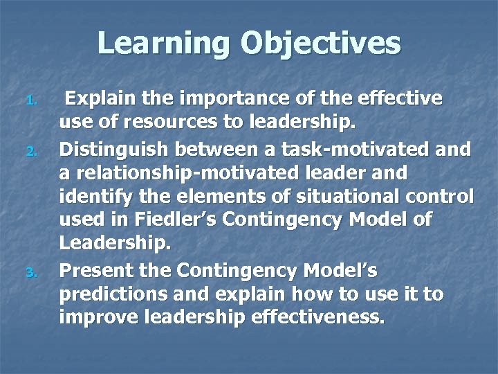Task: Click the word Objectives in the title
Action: (x=321, y=43)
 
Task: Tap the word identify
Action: (x=93, y=197)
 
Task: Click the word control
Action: (x=441, y=196)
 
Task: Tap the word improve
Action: (x=101, y=318)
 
